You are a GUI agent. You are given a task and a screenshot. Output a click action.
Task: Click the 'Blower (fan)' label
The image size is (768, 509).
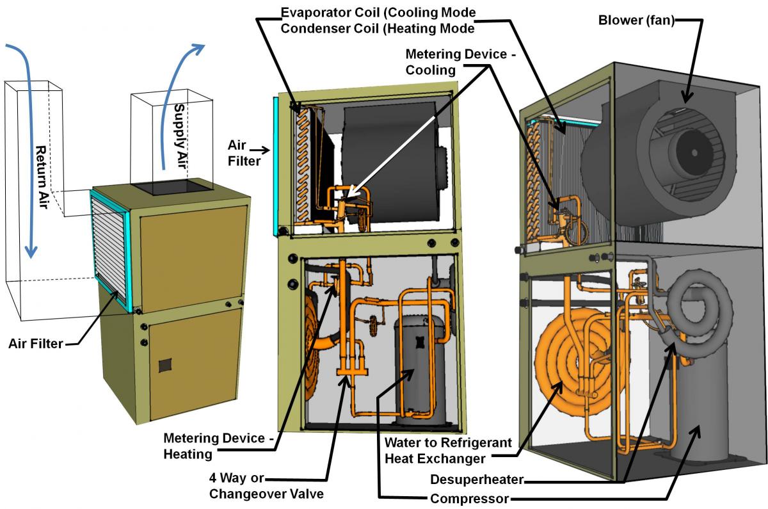[x=636, y=19]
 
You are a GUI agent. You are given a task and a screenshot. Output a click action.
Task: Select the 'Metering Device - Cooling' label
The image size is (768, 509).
[x=461, y=63]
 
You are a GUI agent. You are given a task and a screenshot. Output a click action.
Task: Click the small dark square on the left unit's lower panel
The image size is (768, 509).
[x=166, y=365]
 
